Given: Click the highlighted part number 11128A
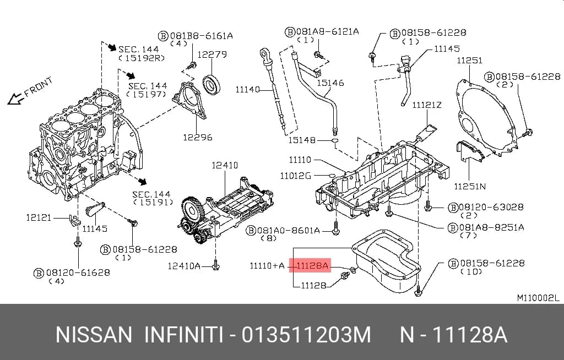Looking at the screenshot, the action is tap(312, 266).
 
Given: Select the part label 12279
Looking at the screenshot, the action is tap(212, 54).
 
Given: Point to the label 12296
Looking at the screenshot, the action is tap(198, 138).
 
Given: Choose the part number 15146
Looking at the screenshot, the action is tap(330, 83).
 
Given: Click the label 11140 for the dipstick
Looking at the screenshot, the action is tap(247, 89).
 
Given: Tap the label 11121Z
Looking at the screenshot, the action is tap(427, 105).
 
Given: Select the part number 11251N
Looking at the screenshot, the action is tap(470, 186).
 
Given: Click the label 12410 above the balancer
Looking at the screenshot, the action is tap(225, 166).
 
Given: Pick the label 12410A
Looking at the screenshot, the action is tap(184, 266).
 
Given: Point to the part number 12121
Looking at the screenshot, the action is tap(39, 217).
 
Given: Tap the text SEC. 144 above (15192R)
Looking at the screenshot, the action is tap(138, 50).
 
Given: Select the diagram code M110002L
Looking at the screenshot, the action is tap(538, 298).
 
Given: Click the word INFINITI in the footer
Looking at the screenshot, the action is tap(183, 335).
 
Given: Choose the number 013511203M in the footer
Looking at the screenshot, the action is tap(306, 335).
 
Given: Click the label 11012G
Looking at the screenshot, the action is tap(295, 176).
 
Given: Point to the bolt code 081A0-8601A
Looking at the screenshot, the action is tap(288, 230).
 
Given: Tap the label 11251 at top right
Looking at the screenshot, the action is tap(469, 61).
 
